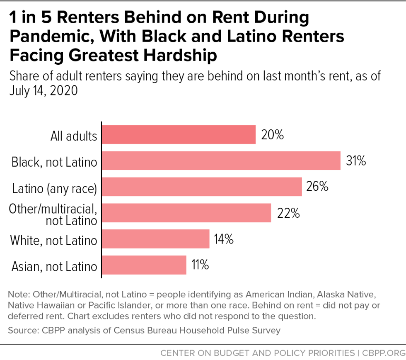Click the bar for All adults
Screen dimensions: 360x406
click(179, 135)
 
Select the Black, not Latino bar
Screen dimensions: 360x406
click(221, 161)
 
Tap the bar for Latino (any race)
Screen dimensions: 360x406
click(202, 187)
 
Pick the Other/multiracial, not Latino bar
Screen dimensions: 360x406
click(186, 213)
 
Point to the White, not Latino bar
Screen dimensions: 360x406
click(155, 239)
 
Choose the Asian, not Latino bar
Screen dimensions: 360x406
click(144, 265)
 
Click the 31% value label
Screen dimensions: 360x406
click(356, 161)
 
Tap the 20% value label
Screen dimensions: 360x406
click(272, 135)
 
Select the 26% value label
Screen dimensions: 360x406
click(317, 187)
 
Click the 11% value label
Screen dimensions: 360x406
click(200, 265)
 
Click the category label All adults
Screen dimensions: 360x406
click(74, 136)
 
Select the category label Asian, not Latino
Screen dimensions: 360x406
click(53, 266)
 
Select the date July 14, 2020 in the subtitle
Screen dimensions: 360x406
click(43, 90)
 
